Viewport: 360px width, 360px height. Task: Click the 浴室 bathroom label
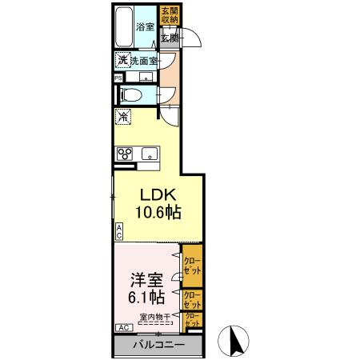145,26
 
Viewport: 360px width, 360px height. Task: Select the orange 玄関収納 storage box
170,16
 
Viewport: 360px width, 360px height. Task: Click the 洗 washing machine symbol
122,61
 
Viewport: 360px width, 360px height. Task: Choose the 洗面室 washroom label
144,61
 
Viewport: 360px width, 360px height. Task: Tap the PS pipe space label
118,78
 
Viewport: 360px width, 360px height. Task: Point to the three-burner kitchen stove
124,155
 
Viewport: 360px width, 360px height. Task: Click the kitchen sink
149,154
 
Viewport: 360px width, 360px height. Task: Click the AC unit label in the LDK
119,232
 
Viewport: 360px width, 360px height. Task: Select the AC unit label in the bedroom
124,328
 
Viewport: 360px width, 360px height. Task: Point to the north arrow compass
236,341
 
